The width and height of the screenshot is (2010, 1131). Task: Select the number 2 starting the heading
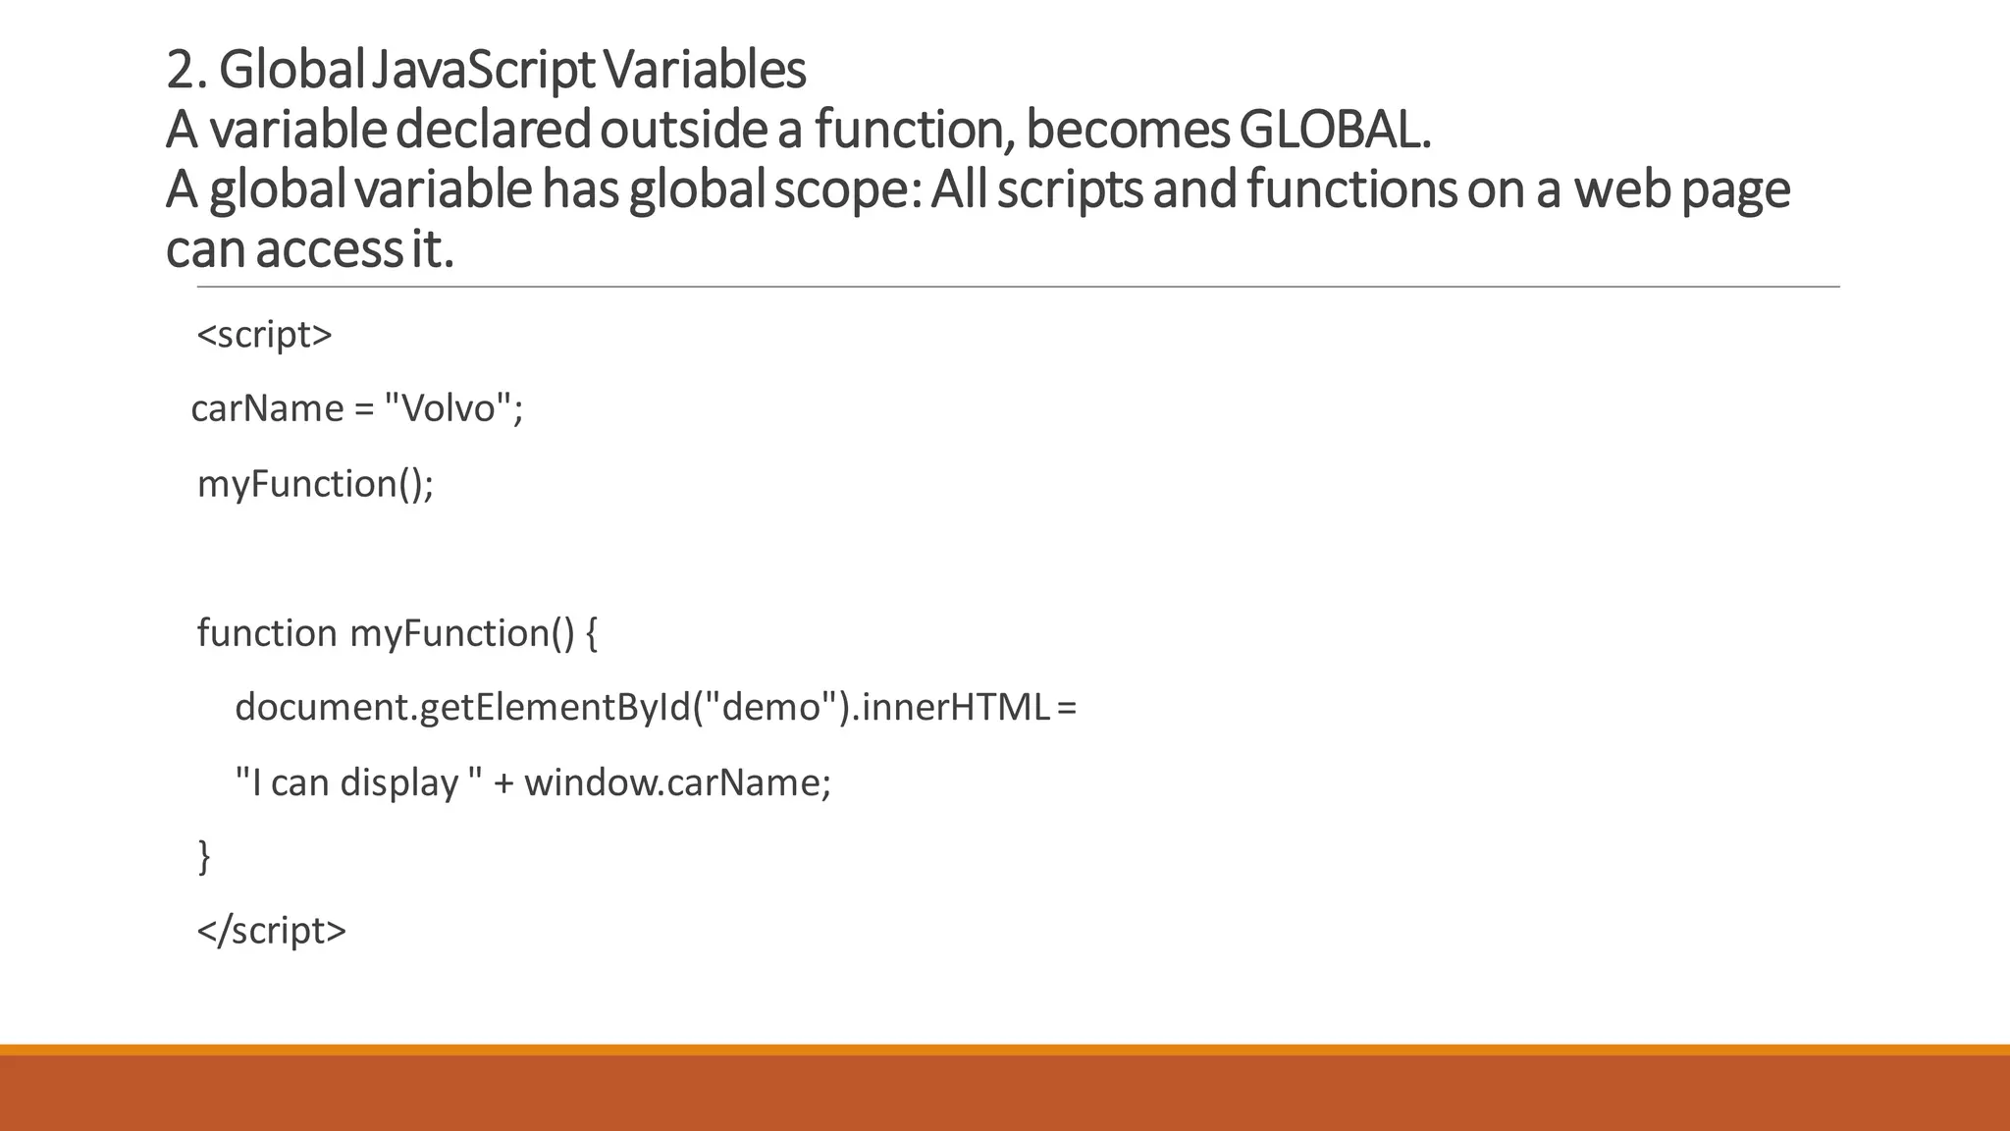pyautogui.click(x=179, y=70)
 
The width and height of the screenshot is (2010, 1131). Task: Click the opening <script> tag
pyautogui.click(x=265, y=335)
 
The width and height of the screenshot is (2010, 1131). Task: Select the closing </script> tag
pyautogui.click(x=272, y=931)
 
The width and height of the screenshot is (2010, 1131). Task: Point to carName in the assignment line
pyautogui.click(x=267, y=408)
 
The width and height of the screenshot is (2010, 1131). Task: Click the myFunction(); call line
pyautogui.click(x=315, y=484)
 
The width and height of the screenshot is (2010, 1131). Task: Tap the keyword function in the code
pyautogui.click(x=267, y=633)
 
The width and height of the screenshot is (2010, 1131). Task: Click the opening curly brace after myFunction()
pyautogui.click(x=590, y=633)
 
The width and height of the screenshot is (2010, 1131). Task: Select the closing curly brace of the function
pyautogui.click(x=204, y=856)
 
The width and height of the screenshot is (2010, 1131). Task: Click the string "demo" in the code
pyautogui.click(x=771, y=707)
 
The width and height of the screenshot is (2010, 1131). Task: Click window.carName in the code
pyautogui.click(x=677, y=782)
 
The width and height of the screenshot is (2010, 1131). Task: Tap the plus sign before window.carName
pyautogui.click(x=503, y=782)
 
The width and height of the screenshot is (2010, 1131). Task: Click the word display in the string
pyautogui.click(x=398, y=782)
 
